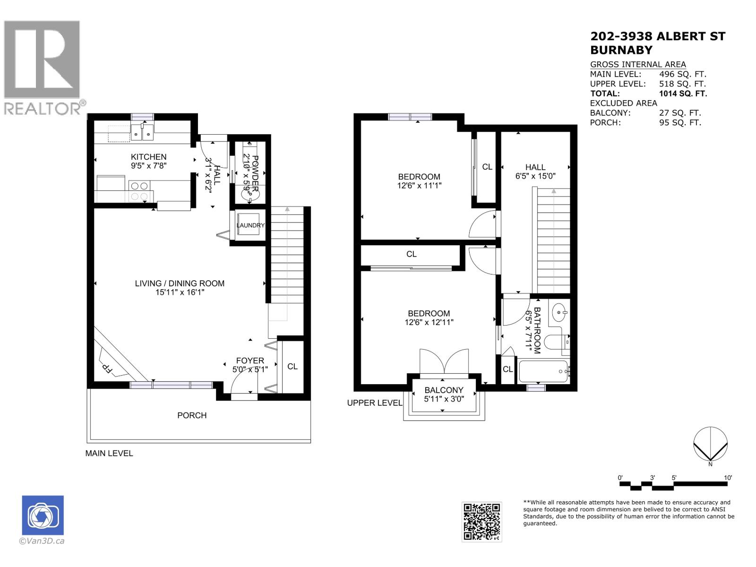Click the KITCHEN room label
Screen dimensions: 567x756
[x=148, y=157]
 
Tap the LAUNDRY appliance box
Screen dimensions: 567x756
[x=250, y=225]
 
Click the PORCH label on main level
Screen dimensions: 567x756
[x=192, y=415]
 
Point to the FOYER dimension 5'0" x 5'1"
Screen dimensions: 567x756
[x=250, y=369]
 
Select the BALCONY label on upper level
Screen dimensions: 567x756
[x=444, y=390]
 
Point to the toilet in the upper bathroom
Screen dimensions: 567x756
[x=555, y=341]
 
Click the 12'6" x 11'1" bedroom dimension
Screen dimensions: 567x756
[x=419, y=186]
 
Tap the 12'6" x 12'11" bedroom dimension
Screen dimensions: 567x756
[x=429, y=322]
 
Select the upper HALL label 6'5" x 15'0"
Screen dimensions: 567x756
[x=535, y=176]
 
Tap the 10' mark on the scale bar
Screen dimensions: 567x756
[x=728, y=478]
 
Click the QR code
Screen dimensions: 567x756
[x=481, y=522]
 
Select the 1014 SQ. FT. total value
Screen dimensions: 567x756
[x=683, y=94]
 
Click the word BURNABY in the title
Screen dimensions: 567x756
[x=621, y=50]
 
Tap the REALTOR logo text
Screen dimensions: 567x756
[x=43, y=109]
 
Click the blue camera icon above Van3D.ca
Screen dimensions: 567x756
[x=43, y=515]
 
